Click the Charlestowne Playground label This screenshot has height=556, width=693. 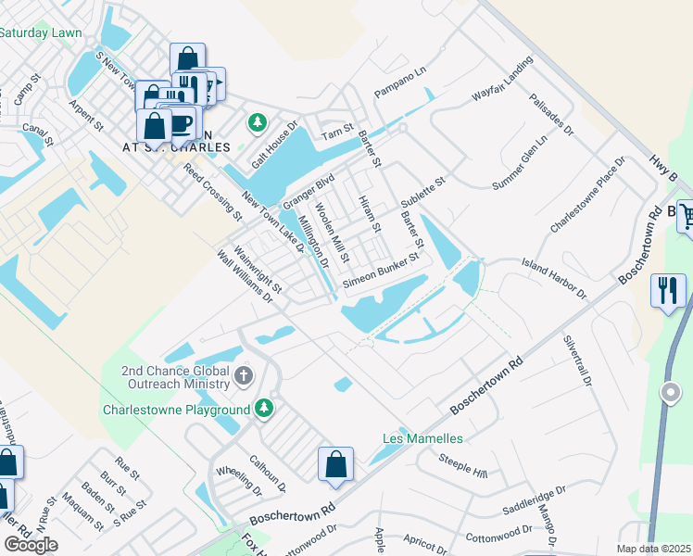click(177, 409)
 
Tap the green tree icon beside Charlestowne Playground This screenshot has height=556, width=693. click(264, 408)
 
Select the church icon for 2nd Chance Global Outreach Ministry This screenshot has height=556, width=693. click(243, 375)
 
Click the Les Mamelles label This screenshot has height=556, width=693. click(422, 437)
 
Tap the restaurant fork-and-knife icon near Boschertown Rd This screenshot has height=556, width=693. click(667, 290)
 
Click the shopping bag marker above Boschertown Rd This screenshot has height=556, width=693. click(335, 464)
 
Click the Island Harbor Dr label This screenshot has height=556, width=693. click(555, 278)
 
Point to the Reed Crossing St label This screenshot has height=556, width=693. click(212, 193)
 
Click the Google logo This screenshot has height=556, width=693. click(31, 544)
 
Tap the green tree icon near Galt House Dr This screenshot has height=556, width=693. click(257, 122)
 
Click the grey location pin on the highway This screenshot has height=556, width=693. click(669, 394)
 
